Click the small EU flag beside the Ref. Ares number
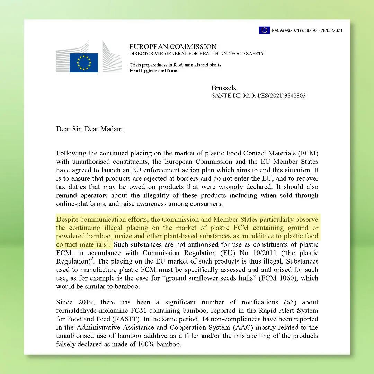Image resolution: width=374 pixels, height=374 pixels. click(x=264, y=30)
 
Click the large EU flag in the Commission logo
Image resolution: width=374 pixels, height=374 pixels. click(x=84, y=63)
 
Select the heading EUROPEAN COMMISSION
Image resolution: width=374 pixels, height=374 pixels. click(x=173, y=47)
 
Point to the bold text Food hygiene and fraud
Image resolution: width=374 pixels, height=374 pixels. click(x=154, y=71)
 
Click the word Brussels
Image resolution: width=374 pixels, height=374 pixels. click(x=224, y=88)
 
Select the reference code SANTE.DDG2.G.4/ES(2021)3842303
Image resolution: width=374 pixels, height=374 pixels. click(x=258, y=96)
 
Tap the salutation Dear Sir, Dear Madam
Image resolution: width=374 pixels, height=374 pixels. click(x=90, y=129)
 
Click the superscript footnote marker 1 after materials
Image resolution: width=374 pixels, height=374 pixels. click(x=108, y=242)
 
